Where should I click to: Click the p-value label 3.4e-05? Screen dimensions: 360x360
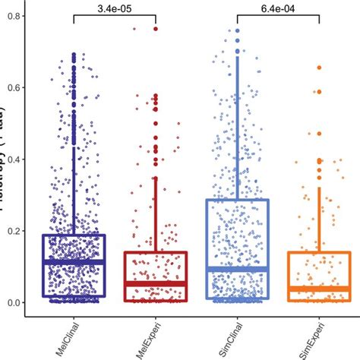pos(114,7)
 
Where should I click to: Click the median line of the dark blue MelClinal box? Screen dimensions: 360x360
pos(74,261)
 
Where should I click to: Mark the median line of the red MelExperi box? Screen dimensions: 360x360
pos(155,283)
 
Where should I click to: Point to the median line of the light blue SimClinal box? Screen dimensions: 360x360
pos(237,269)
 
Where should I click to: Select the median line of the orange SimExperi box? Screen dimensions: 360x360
pos(319,289)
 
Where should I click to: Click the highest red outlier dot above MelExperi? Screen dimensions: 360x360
pos(155,29)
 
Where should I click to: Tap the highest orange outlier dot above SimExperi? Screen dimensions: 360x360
pos(319,68)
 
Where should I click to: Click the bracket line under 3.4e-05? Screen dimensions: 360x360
pos(114,16)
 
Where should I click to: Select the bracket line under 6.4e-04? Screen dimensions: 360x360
pos(277,16)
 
